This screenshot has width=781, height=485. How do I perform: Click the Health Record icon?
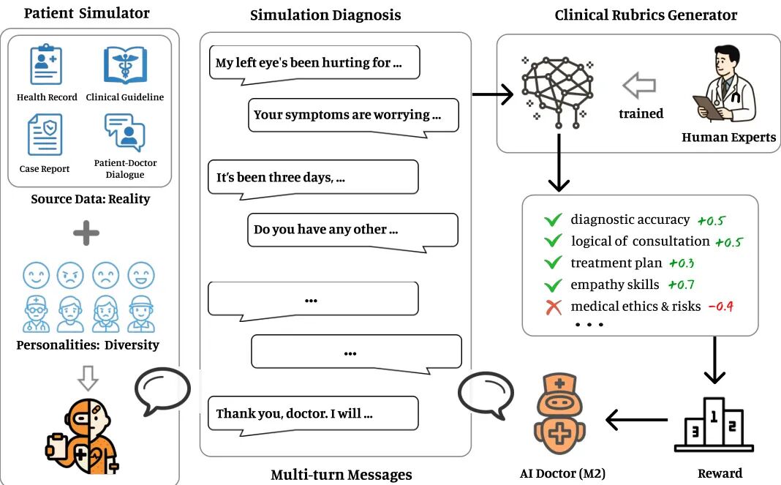point(46,64)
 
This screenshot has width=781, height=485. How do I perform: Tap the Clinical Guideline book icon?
point(125,65)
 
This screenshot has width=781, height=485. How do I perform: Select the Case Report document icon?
point(45,135)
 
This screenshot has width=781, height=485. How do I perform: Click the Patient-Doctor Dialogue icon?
point(124,132)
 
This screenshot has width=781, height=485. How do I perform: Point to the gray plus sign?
point(86,233)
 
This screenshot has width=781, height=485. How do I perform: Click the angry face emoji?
point(71,275)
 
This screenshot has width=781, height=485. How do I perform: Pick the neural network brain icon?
point(557,92)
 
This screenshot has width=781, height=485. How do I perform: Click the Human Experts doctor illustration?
point(724,83)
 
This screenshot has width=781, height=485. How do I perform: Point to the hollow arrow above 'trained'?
point(639,86)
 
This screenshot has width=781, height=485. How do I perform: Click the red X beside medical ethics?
point(554,307)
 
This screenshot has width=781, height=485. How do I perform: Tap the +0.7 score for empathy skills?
point(681,285)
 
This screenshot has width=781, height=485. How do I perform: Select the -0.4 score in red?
point(721,306)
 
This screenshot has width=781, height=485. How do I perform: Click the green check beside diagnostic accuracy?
point(553,219)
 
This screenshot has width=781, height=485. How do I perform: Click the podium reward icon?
point(714,424)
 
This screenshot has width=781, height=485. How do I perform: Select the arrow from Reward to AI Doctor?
point(636,420)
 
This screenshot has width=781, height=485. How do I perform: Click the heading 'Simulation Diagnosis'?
point(325,15)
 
